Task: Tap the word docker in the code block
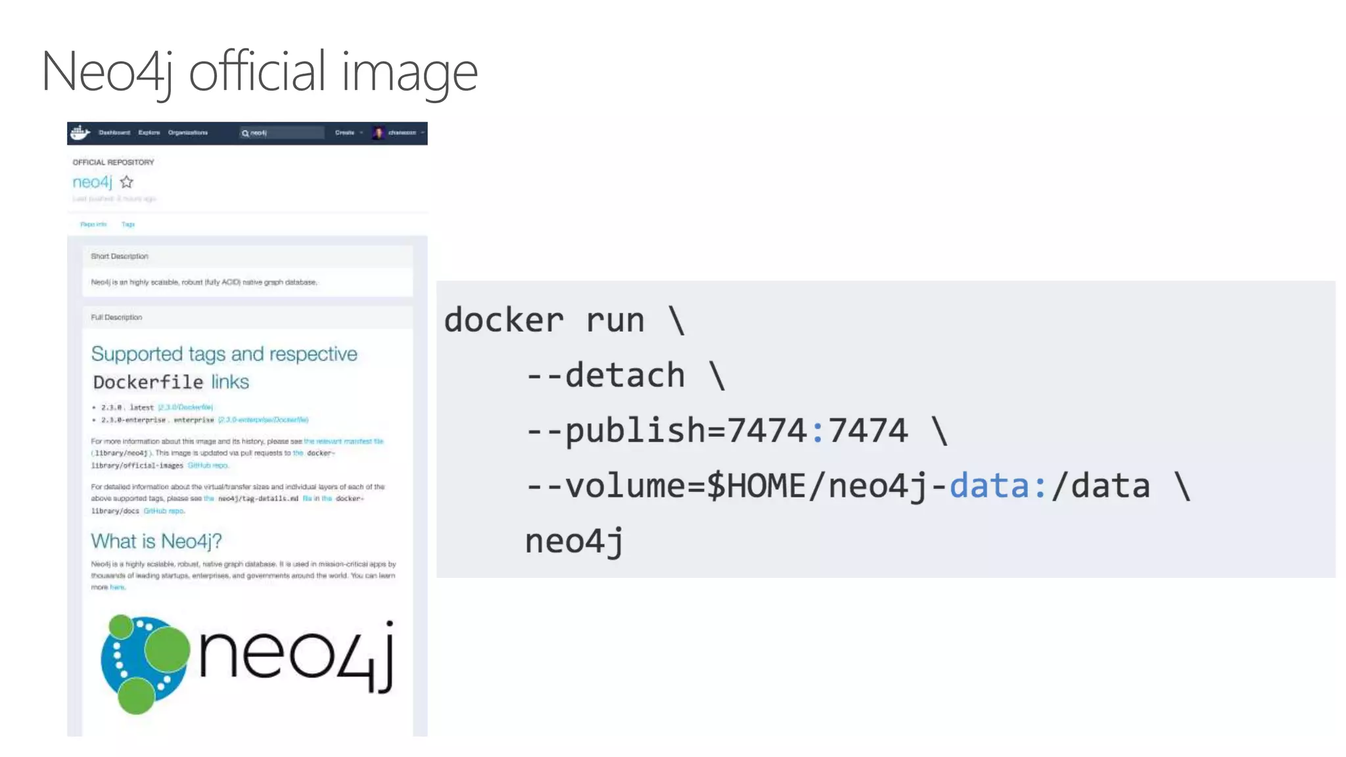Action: [x=503, y=321]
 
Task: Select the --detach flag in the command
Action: [x=605, y=376]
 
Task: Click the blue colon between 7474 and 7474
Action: [x=817, y=432]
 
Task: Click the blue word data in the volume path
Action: [x=989, y=487]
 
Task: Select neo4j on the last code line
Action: [x=574, y=542]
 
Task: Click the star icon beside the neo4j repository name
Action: [x=127, y=182]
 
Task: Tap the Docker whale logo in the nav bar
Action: [x=80, y=133]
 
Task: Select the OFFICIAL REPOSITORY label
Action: [x=113, y=162]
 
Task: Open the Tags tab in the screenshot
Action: [x=128, y=225]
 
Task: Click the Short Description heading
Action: [x=120, y=256]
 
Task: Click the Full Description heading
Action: [x=116, y=317]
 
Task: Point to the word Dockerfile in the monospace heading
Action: [x=148, y=382]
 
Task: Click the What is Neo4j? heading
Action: [x=156, y=541]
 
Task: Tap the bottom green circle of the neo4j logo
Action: [x=136, y=696]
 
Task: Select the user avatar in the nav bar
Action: [x=378, y=133]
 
